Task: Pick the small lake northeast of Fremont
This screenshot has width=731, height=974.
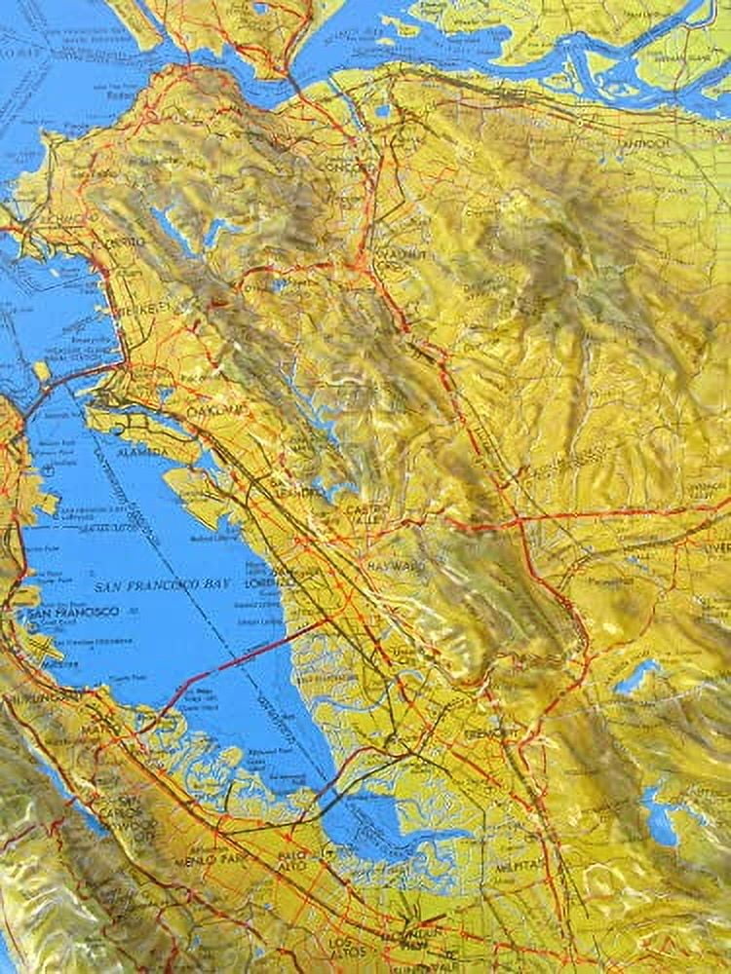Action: coord(635,676)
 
